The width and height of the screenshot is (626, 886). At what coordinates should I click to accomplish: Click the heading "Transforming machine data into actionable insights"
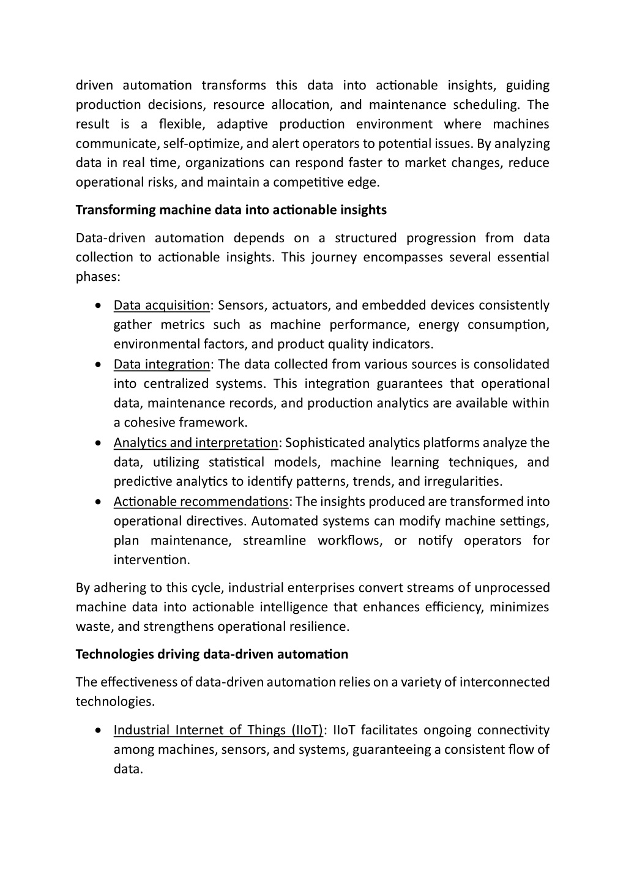(231, 210)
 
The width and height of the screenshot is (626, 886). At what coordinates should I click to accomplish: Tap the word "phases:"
(98, 277)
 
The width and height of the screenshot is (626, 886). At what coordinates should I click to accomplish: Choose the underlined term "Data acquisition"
(162, 305)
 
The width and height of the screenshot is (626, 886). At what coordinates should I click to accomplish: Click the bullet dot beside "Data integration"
(99, 365)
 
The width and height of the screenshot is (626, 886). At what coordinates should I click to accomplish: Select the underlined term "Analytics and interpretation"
(196, 442)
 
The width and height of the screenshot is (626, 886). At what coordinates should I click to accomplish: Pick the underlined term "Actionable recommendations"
(201, 502)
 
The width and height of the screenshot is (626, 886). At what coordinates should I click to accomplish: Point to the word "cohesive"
(149, 423)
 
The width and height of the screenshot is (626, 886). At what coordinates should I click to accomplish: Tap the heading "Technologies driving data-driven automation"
(212, 654)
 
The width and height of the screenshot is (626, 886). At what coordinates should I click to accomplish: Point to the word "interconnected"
(504, 682)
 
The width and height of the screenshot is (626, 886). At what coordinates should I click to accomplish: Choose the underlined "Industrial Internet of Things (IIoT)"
(218, 730)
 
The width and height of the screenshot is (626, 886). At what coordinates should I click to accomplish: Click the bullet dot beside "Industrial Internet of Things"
(99, 731)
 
